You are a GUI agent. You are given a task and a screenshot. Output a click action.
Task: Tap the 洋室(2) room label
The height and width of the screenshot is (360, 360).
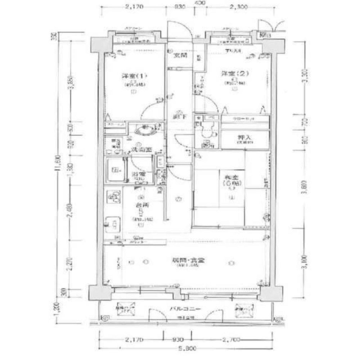[x=234, y=74]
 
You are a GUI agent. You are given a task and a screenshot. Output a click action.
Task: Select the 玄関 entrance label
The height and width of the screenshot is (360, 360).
[x=178, y=56]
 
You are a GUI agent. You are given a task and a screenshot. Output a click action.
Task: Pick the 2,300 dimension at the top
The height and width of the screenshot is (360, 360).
[x=238, y=6]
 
